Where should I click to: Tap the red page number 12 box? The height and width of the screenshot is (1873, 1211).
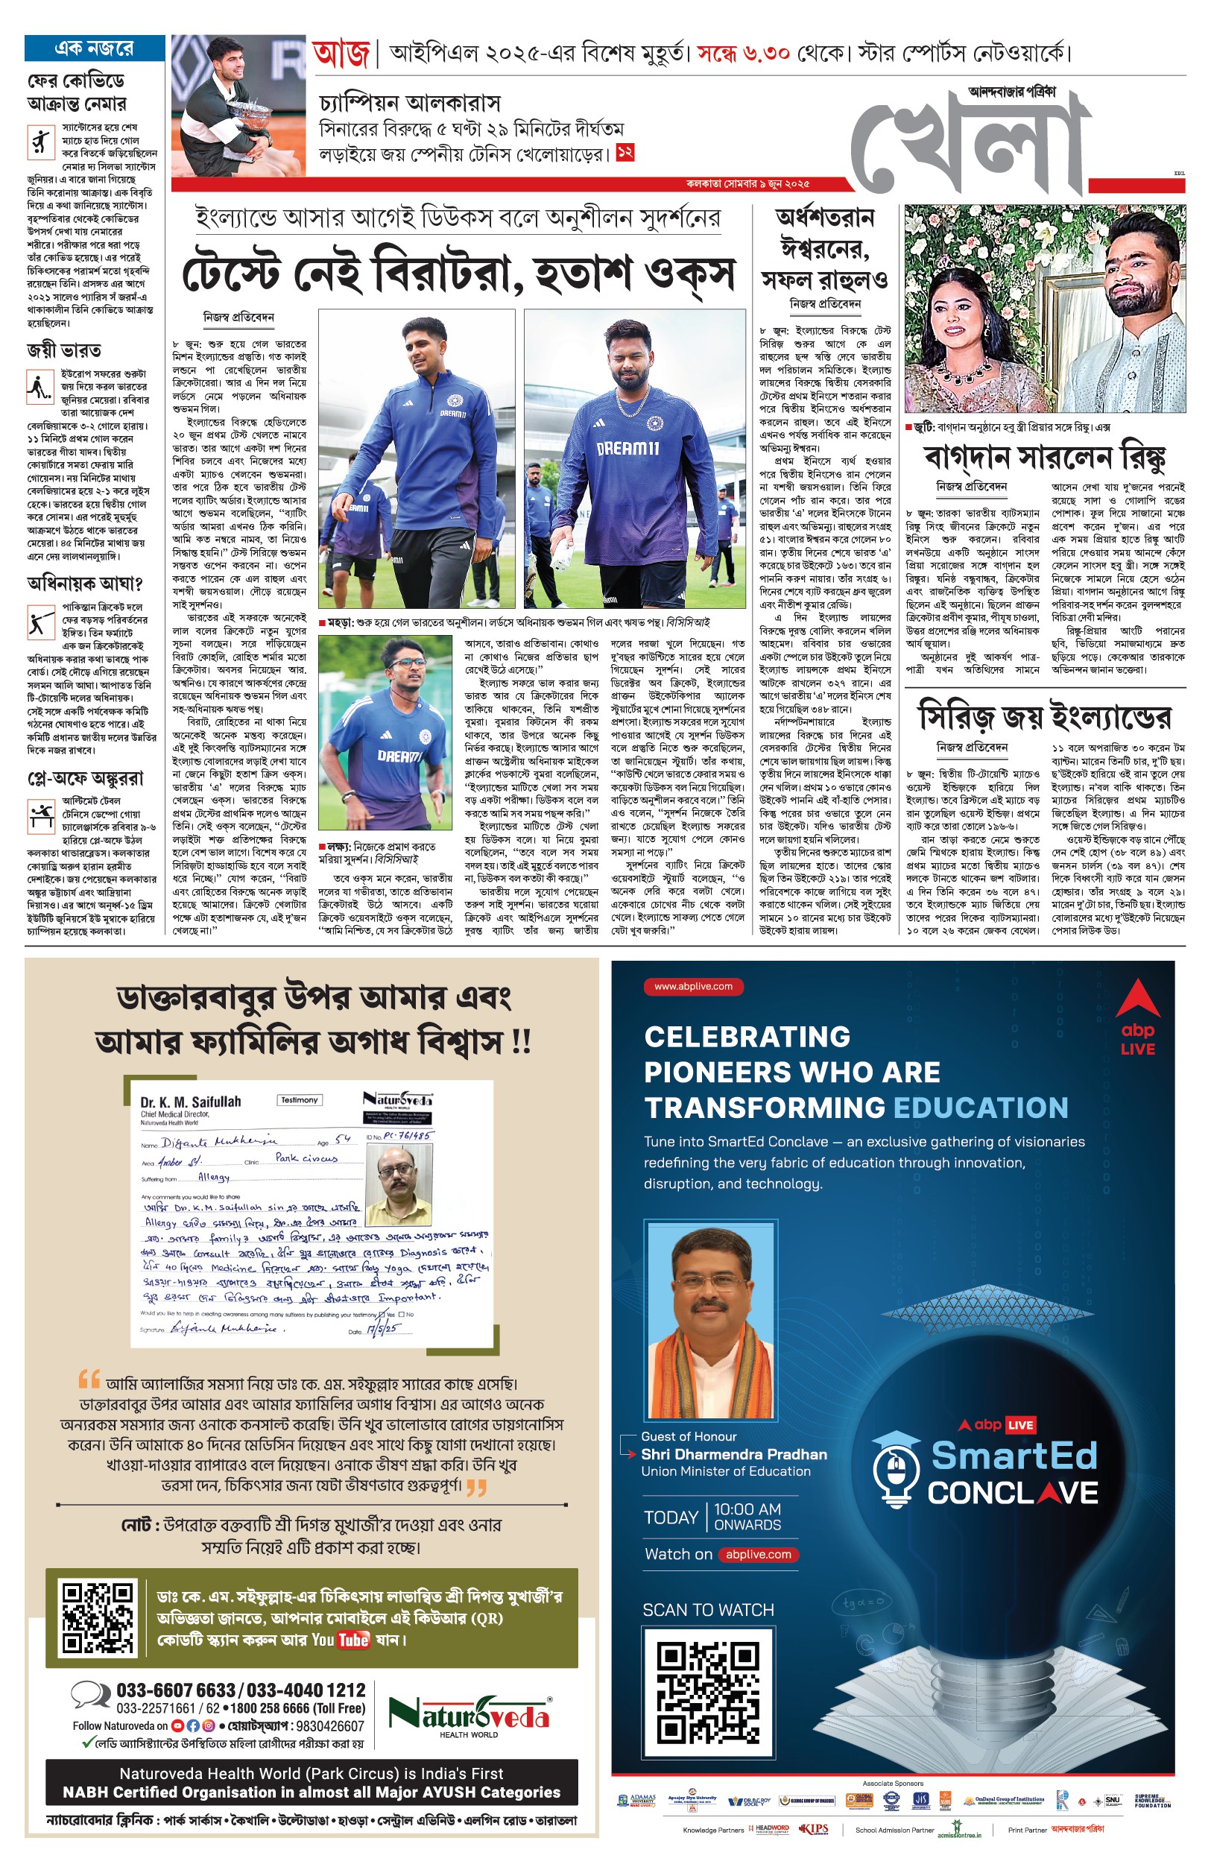(625, 153)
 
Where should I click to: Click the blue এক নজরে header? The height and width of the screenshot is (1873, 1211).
(95, 48)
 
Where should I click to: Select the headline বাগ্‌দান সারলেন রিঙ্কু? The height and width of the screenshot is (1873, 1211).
(1044, 457)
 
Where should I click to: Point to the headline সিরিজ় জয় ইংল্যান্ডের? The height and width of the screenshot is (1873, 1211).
(1044, 716)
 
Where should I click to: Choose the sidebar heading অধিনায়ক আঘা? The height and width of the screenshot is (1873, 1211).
(85, 583)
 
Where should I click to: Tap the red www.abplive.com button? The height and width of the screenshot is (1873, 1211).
(693, 986)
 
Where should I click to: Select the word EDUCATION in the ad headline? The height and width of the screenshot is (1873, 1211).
(981, 1108)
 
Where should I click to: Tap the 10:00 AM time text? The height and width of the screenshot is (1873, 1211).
(747, 1509)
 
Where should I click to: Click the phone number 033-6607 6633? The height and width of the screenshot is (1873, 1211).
(175, 1690)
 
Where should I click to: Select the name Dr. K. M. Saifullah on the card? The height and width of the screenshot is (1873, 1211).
(190, 1102)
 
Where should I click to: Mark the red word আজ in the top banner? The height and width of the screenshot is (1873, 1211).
(341, 54)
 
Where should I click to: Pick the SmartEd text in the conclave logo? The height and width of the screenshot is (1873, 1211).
(1014, 1456)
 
